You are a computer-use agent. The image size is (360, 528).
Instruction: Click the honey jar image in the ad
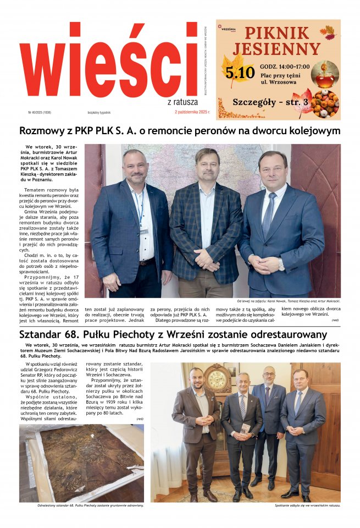325,74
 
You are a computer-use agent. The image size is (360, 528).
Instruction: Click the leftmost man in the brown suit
196,429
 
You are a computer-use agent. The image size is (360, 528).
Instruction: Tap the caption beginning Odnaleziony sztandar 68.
83,505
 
